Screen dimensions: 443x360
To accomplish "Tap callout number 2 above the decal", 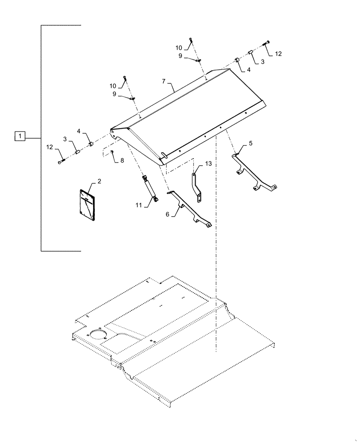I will [x=99, y=181].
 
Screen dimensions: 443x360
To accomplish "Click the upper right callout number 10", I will [x=179, y=48].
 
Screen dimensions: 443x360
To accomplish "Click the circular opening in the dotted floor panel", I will [x=98, y=334].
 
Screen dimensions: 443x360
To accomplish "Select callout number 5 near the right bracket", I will [x=250, y=143].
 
